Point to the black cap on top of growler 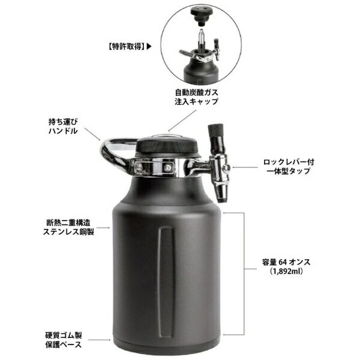tap(167, 144)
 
